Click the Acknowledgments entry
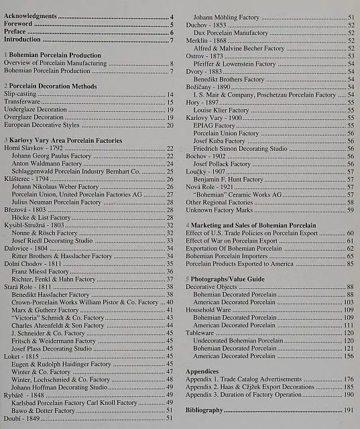(x=30, y=16)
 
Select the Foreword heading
(x=18, y=24)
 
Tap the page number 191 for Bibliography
(x=349, y=410)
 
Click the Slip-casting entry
(x=19, y=95)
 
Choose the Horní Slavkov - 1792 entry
(x=34, y=147)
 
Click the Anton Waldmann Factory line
(x=46, y=163)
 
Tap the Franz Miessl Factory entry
(x=40, y=271)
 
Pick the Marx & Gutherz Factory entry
(x=45, y=310)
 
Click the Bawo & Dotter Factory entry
(x=43, y=410)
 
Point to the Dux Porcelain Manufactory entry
(x=231, y=33)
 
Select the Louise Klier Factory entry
(x=221, y=110)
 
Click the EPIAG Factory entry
(x=214, y=125)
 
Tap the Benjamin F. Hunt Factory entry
(x=228, y=180)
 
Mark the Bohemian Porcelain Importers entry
(x=223, y=256)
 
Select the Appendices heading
(x=202, y=371)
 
